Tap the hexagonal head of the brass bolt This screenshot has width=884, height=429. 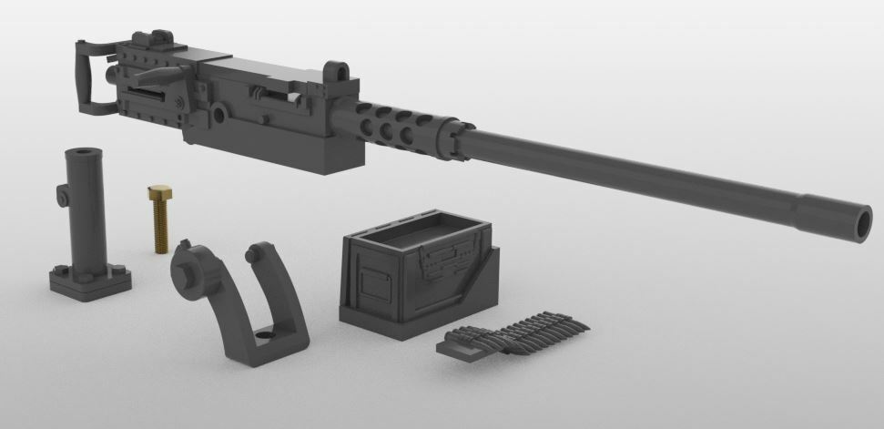156,192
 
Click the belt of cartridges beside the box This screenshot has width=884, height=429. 514,333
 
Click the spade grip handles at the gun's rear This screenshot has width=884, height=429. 86,73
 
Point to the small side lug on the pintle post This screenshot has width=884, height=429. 62,194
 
